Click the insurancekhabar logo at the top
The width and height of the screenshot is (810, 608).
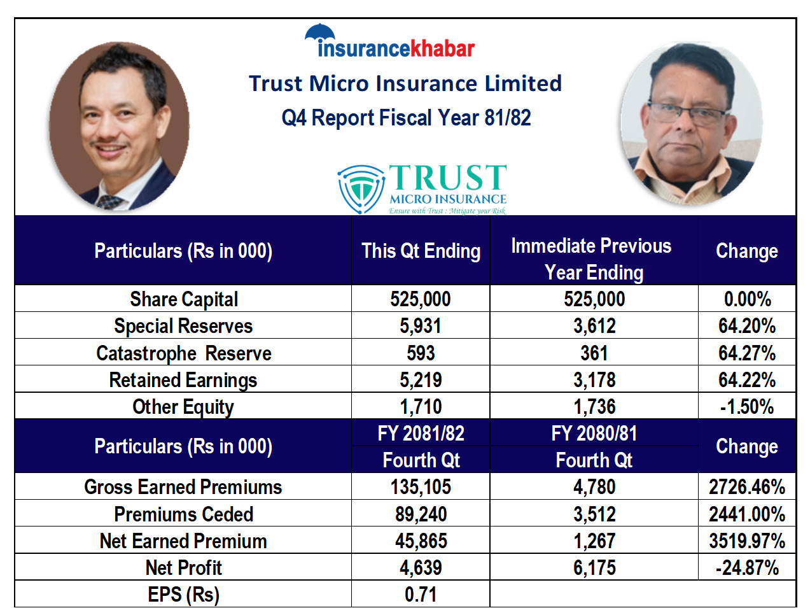coord(389,41)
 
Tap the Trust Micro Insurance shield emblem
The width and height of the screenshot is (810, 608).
coord(361,189)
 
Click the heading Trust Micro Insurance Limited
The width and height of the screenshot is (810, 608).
coord(405,83)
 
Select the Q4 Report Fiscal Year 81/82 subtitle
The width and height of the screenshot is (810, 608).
coord(406,118)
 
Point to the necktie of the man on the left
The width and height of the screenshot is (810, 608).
coord(109,202)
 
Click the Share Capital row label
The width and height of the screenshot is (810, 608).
coord(184,299)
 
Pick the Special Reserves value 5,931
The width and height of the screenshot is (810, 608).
coord(421,326)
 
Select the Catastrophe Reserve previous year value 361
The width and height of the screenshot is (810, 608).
coord(594,353)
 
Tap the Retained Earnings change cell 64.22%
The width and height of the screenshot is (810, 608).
coord(747,380)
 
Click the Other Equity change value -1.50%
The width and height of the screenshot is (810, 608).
coord(747,407)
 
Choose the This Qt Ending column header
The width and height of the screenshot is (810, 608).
coord(421,251)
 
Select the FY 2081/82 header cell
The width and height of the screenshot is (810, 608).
coord(421,434)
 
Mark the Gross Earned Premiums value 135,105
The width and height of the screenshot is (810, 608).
coord(421,487)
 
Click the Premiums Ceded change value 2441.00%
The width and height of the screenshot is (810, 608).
coord(747,514)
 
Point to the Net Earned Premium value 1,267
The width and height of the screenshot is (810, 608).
coord(594,541)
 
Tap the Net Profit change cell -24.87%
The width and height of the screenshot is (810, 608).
coord(747,568)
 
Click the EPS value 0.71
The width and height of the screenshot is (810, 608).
coord(421,595)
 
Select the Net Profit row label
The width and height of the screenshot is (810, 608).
coord(184,568)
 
